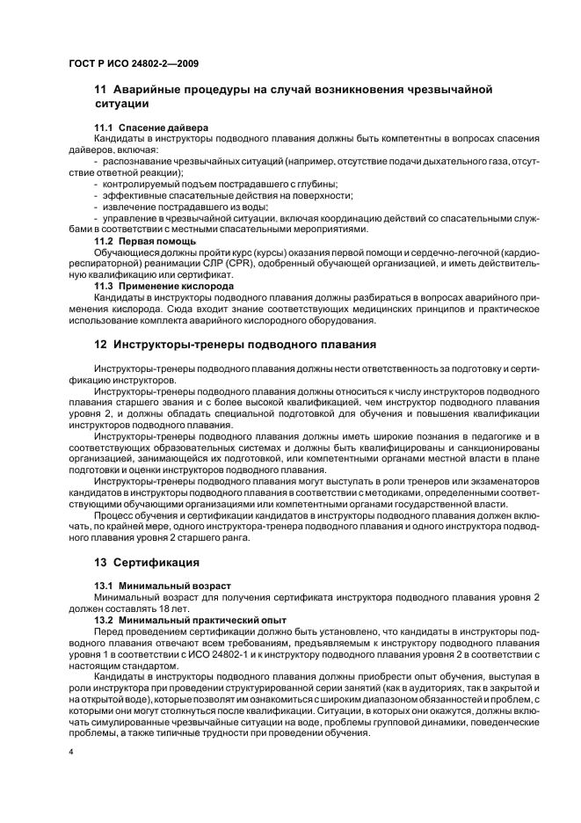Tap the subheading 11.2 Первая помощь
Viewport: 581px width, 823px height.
[x=145, y=240]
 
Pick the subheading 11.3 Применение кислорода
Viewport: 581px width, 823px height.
[x=164, y=287]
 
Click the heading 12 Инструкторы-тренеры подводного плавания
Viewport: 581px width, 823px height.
[x=236, y=344]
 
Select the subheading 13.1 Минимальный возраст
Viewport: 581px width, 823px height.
[x=163, y=586]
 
